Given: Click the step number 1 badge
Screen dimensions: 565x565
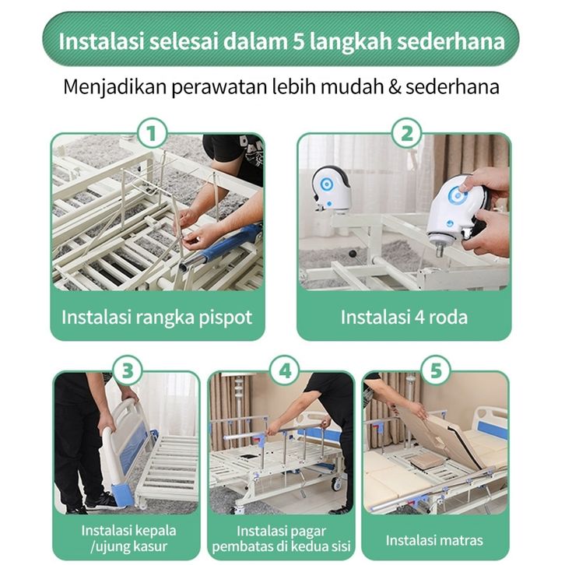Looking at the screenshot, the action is point(152,133).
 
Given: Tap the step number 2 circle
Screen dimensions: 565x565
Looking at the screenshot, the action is point(407,133).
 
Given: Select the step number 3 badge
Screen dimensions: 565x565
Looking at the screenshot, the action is point(128,370).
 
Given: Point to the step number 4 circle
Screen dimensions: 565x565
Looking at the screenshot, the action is point(285,370).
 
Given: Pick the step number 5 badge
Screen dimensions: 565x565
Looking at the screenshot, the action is point(435,370).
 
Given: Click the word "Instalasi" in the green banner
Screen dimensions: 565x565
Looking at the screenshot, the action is point(101,41).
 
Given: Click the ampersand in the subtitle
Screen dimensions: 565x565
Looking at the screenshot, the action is point(395,87).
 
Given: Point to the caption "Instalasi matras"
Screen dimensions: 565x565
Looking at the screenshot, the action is point(434,540).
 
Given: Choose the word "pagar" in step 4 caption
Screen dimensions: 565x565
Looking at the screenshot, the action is point(308,532).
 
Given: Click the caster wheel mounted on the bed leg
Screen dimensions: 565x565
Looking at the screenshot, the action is point(332,188).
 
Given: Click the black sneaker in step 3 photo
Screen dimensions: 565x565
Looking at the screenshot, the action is point(104,502).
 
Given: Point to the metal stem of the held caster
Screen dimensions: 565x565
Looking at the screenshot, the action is point(439,249).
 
